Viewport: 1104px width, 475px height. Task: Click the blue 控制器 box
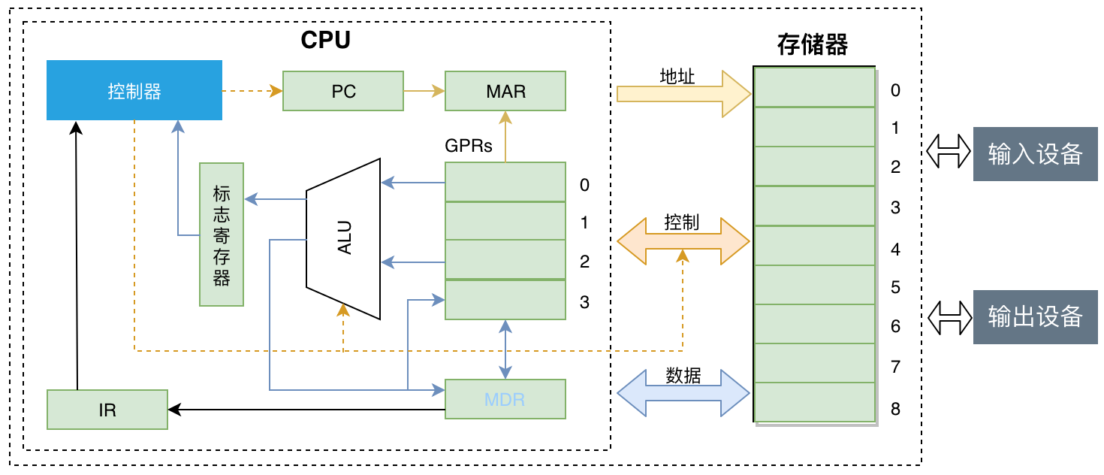point(134,90)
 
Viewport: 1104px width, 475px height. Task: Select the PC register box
point(343,91)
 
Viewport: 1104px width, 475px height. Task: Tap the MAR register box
point(505,91)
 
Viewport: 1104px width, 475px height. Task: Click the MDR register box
point(505,399)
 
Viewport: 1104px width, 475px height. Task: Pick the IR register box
point(107,410)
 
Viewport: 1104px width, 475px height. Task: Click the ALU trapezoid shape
point(344,237)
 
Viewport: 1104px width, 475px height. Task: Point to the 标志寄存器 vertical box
point(222,234)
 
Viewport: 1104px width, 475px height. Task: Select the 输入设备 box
point(1035,154)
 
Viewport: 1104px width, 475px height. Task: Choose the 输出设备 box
point(1035,317)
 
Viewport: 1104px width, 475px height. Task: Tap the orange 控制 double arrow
point(683,241)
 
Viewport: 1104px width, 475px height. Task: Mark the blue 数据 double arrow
point(683,392)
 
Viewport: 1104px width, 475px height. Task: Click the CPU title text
point(325,40)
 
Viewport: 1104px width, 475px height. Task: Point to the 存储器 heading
point(813,45)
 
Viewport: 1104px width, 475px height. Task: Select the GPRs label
point(469,146)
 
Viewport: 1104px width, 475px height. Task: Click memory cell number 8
point(815,402)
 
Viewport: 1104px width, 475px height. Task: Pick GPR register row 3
point(505,299)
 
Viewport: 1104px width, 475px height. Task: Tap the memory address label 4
point(895,249)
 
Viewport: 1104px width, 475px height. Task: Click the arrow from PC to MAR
point(424,91)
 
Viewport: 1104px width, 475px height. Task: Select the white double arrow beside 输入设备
point(949,150)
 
